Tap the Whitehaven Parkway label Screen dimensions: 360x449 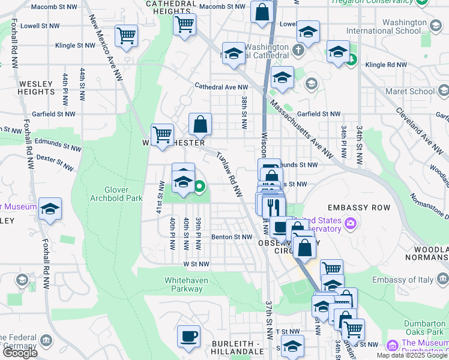[184, 284]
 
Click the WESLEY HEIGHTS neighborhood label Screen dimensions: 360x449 [37, 88]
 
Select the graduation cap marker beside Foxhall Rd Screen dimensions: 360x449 [50, 209]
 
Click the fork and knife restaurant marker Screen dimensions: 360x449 [274, 207]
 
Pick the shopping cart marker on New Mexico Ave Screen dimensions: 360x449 [126, 35]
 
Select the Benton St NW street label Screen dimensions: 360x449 [231, 237]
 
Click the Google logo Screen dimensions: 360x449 [20, 353]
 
